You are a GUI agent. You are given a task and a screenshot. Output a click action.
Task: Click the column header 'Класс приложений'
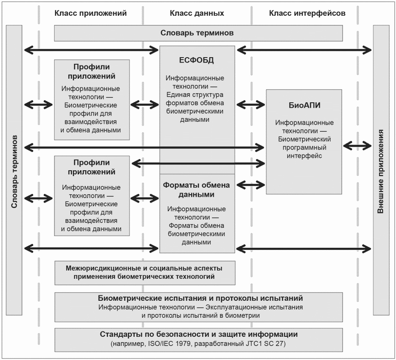pyautogui.click(x=90, y=13)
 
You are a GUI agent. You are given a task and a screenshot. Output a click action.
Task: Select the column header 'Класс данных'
pyautogui.click(x=197, y=13)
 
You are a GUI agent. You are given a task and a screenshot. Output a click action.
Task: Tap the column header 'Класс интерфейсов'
pyautogui.click(x=307, y=13)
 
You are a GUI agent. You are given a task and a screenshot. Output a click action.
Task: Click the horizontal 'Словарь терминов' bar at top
pyautogui.click(x=198, y=33)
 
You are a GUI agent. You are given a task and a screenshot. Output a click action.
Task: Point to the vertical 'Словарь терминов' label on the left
pyautogui.click(x=14, y=172)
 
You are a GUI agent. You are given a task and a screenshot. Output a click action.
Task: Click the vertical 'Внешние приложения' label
pyautogui.click(x=381, y=172)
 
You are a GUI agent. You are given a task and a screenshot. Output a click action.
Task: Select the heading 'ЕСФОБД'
pyautogui.click(x=197, y=60)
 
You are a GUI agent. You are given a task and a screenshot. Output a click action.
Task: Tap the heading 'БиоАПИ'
pyautogui.click(x=304, y=105)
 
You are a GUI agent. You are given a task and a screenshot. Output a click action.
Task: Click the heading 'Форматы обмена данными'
pyautogui.click(x=197, y=190)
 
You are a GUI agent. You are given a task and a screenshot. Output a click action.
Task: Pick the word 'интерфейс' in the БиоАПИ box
pyautogui.click(x=304, y=156)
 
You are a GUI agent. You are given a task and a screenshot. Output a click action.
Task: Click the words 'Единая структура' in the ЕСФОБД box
pyautogui.click(x=195, y=95)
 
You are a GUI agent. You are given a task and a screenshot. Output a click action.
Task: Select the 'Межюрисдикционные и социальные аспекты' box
pyautogui.click(x=145, y=273)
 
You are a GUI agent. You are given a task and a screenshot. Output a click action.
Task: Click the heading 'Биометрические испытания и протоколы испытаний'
pyautogui.click(x=200, y=298)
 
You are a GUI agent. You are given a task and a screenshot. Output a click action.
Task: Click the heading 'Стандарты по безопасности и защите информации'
pyautogui.click(x=199, y=334)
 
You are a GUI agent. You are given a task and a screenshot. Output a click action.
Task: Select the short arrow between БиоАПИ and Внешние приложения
pyautogui.click(x=358, y=146)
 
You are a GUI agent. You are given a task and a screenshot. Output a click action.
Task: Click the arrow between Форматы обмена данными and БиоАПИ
pyautogui.click(x=251, y=185)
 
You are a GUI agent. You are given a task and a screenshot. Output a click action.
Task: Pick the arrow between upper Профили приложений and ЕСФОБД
pyautogui.click(x=145, y=104)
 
